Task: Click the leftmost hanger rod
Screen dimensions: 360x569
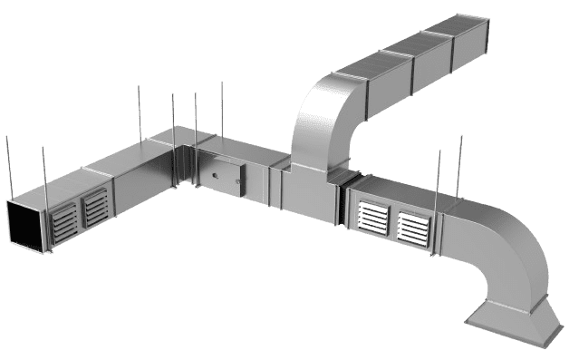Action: click(8, 168)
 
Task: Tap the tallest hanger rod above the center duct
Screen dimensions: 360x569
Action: click(221, 109)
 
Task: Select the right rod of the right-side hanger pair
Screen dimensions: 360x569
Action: click(460, 168)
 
